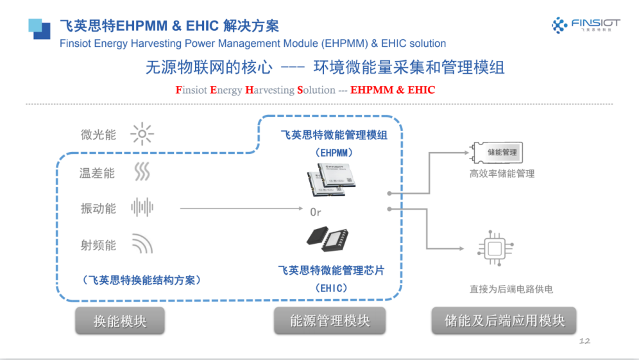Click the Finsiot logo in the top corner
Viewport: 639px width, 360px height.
click(586, 26)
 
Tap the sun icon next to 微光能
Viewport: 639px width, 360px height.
click(142, 135)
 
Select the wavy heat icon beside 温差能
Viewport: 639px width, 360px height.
click(142, 172)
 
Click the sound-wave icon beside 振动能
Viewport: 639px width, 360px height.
click(142, 208)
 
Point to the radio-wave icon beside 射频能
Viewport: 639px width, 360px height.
click(142, 244)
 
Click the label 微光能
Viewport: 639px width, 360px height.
click(98, 135)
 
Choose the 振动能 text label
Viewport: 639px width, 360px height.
click(98, 209)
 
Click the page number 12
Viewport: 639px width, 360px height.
click(584, 341)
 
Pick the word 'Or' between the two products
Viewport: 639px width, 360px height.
click(315, 212)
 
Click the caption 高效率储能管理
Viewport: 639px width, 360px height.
click(502, 173)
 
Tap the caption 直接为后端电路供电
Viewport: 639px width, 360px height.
click(511, 289)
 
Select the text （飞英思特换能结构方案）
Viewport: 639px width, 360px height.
click(142, 280)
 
